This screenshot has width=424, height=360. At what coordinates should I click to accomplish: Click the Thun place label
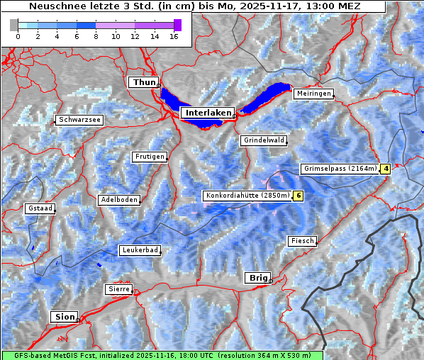pyautogui.click(x=143, y=83)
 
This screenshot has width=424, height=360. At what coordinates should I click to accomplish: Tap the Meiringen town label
pyautogui.click(x=313, y=94)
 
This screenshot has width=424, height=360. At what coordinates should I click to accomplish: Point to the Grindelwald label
pyautogui.click(x=264, y=140)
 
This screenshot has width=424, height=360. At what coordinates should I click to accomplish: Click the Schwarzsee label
pyautogui.click(x=80, y=120)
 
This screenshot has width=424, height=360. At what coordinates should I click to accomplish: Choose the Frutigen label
pyautogui.click(x=149, y=157)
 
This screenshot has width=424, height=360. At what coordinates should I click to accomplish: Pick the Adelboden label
pyautogui.click(x=118, y=200)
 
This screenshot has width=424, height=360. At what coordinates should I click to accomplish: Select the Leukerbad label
pyautogui.click(x=139, y=250)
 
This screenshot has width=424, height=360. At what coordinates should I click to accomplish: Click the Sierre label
pyautogui.click(x=118, y=289)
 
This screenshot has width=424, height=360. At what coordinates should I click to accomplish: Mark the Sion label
pyautogui.click(x=64, y=317)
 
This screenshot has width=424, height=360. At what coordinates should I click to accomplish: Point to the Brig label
pyautogui.click(x=256, y=278)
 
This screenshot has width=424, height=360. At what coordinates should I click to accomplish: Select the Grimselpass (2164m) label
pyautogui.click(x=340, y=169)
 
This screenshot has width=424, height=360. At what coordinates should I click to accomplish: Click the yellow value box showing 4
pyautogui.click(x=386, y=169)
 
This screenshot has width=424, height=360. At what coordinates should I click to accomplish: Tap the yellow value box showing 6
pyautogui.click(x=299, y=196)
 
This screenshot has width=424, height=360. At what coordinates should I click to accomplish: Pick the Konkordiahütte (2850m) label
pyautogui.click(x=247, y=196)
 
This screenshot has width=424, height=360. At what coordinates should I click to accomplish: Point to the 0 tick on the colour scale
pyautogui.click(x=18, y=36)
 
